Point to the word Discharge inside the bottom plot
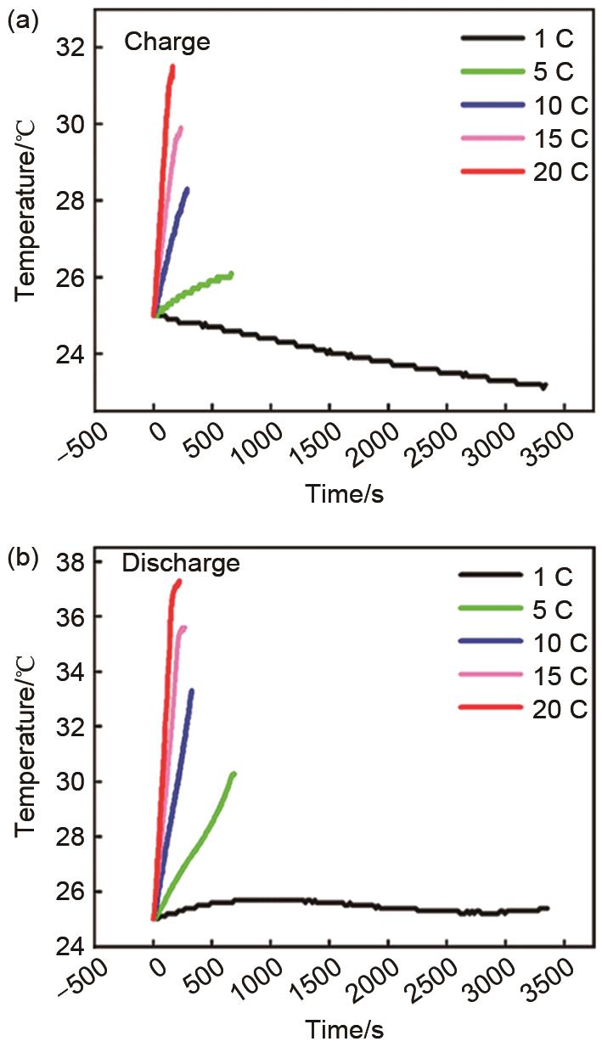click(x=180, y=562)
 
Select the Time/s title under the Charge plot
click(x=344, y=494)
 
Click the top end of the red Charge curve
click(x=172, y=66)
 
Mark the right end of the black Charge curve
click(x=544, y=386)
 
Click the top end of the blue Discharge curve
click(x=192, y=690)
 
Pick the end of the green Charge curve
click(x=231, y=273)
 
